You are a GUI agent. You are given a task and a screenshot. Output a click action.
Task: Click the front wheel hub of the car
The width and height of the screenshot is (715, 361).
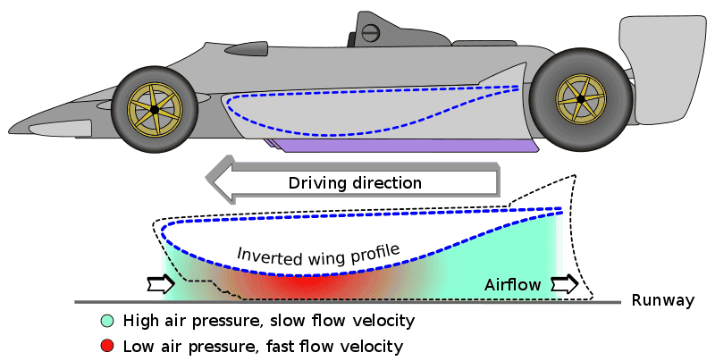[x=155, y=109]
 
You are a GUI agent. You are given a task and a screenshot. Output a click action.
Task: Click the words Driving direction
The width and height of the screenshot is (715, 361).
[x=355, y=183]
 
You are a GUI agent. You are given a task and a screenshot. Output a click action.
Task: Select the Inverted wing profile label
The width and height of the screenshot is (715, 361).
[x=317, y=252]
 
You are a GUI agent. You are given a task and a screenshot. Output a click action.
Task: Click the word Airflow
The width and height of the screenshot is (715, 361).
[x=513, y=285]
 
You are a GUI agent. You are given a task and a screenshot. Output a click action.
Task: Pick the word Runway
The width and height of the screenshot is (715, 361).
[x=662, y=301]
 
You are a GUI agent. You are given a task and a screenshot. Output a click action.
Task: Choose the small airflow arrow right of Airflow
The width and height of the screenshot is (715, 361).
[x=564, y=285]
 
